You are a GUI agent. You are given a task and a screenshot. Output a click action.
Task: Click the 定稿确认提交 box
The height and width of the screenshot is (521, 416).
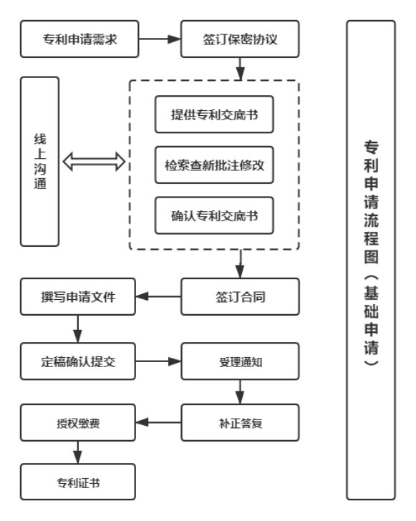pyautogui.click(x=79, y=360)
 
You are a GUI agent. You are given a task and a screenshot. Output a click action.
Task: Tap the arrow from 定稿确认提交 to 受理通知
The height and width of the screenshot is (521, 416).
pyautogui.click(x=159, y=360)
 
